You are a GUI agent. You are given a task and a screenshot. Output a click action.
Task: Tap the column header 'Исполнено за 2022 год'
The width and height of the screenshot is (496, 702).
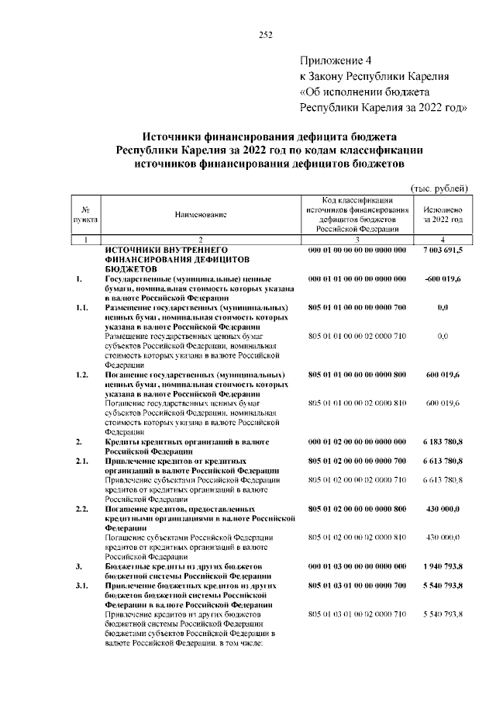(x=443, y=215)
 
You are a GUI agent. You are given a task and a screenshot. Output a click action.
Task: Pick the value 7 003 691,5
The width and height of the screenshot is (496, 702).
(x=443, y=251)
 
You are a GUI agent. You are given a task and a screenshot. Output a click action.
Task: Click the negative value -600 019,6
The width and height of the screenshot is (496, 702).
(x=443, y=278)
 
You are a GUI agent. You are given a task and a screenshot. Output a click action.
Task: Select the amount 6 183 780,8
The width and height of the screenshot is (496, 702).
(x=443, y=441)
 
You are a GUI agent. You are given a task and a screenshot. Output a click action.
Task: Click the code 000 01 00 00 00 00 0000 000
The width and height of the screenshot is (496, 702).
(x=357, y=251)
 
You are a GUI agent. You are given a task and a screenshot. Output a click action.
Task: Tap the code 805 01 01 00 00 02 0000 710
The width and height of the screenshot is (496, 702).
(x=357, y=336)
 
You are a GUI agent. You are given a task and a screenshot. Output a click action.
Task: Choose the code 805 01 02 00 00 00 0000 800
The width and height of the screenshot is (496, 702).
(x=357, y=508)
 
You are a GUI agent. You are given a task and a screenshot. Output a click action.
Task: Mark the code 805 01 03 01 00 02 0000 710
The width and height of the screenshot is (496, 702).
(x=357, y=614)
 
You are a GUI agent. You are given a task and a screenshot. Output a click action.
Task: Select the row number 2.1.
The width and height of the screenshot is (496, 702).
(x=84, y=461)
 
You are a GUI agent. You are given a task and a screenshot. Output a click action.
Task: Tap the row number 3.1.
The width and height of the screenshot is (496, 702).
(x=84, y=586)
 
